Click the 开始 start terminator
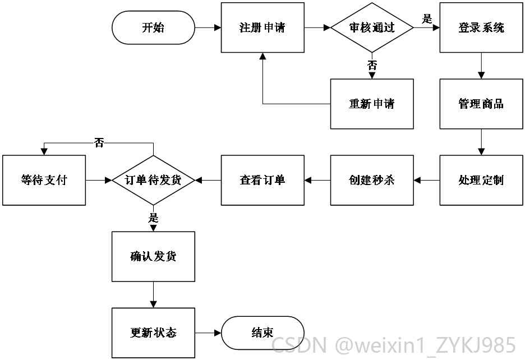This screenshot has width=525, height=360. click(153, 27)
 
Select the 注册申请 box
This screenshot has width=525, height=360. click(262, 27)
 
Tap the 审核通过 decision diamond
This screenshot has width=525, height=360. click(372, 27)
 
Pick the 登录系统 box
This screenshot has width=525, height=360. click(481, 27)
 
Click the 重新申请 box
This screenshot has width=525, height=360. click(372, 104)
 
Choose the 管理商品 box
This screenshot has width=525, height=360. click(481, 104)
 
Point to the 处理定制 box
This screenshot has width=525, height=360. click(481, 180)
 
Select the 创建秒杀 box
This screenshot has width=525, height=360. click(372, 180)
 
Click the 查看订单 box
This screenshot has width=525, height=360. click(262, 180)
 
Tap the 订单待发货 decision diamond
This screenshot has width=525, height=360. click(153, 180)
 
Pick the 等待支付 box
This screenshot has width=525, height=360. click(44, 180)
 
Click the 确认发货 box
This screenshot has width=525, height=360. click(153, 256)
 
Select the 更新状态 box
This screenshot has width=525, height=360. click(153, 333)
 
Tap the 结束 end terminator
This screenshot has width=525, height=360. click(262, 333)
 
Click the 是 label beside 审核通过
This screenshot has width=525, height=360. click(427, 19)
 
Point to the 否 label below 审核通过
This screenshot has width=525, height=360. click(372, 65)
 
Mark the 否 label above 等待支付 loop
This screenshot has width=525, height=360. click(99, 143)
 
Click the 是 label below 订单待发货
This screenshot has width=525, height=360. click(153, 218)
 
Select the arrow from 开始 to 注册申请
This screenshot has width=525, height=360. click(208, 27)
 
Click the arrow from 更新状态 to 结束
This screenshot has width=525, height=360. click(208, 333)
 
